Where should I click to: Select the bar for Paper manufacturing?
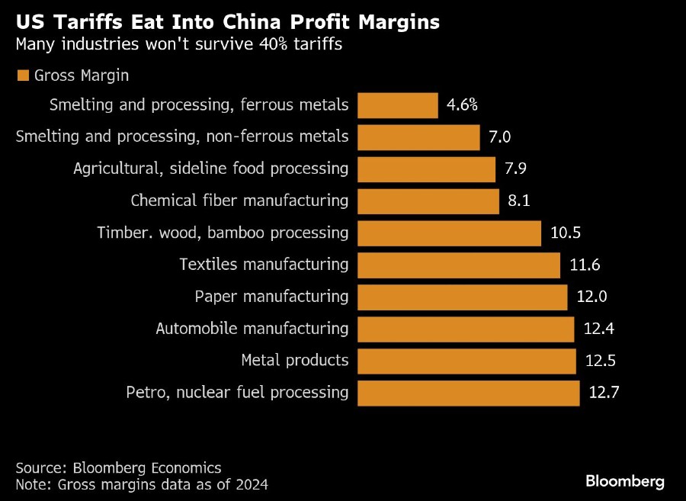462,297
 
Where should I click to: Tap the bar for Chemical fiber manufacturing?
428,201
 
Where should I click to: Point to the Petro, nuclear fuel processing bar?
468,393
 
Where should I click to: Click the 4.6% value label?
462,105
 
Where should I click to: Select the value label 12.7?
604,393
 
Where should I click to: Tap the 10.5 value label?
566,233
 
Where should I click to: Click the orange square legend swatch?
22,75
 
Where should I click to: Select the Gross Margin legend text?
82,75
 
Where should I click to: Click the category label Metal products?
295,361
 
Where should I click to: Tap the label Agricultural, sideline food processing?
210,169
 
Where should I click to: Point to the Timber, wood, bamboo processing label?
223,233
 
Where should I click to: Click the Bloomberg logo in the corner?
625,481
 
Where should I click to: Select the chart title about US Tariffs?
227,22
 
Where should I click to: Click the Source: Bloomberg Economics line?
118,467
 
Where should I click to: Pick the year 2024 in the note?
252,484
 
